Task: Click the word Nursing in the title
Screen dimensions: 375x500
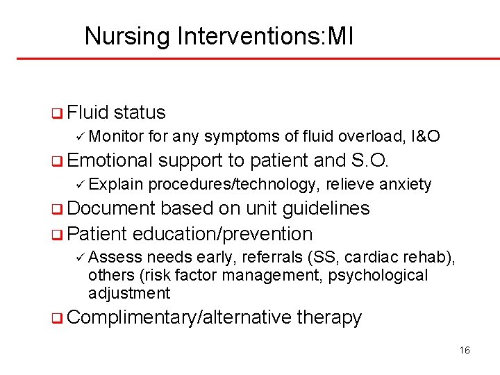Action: pyautogui.click(x=127, y=36)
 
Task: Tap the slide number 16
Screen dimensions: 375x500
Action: pyautogui.click(x=465, y=350)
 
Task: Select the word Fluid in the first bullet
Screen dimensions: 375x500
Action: pyautogui.click(x=88, y=112)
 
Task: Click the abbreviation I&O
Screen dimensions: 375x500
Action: pyautogui.click(x=426, y=136)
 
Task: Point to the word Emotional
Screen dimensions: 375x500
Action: pyautogui.click(x=110, y=160)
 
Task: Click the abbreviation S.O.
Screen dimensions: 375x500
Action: pyautogui.click(x=369, y=160)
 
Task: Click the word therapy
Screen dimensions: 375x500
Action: pyautogui.click(x=329, y=317)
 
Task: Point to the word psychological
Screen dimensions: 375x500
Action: pyautogui.click(x=378, y=275)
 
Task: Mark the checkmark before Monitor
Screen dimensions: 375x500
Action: pyautogui.click(x=80, y=136)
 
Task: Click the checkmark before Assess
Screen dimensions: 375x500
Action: pyautogui.click(x=80, y=258)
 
